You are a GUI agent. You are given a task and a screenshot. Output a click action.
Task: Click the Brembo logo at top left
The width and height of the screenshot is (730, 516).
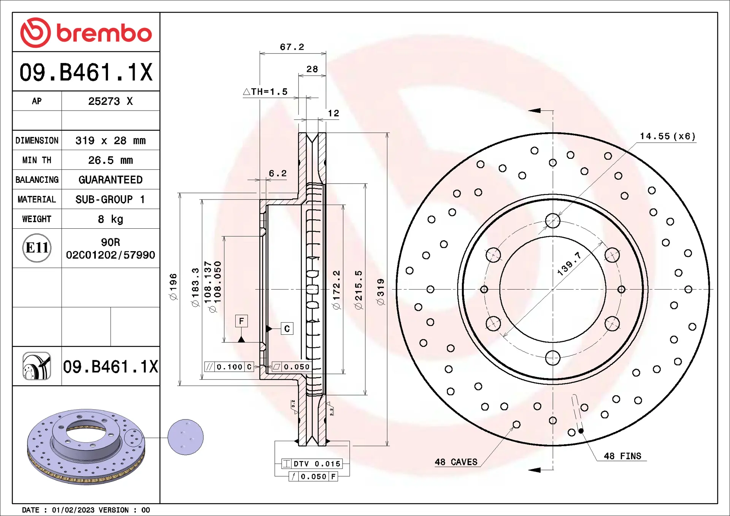click(x=86, y=33)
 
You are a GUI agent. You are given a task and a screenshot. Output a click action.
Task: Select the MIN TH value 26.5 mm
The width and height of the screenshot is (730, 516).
click(x=110, y=160)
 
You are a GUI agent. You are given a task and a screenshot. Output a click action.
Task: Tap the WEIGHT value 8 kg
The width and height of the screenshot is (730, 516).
click(x=110, y=219)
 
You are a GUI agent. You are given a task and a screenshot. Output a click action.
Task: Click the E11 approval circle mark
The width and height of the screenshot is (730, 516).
click(x=37, y=248)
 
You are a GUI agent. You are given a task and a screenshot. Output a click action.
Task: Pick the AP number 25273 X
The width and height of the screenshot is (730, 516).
click(x=110, y=101)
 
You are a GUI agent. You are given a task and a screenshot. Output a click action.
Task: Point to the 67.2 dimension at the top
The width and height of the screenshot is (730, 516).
click(x=292, y=47)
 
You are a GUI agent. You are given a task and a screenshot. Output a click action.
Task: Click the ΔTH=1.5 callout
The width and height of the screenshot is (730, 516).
click(x=265, y=92)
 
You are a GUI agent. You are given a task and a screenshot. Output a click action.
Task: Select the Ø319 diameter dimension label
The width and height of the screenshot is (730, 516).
click(x=381, y=292)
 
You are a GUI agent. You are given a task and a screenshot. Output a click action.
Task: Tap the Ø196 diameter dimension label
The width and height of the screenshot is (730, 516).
click(x=173, y=287)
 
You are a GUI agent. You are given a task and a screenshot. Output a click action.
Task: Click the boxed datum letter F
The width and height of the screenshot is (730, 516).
click(x=241, y=321)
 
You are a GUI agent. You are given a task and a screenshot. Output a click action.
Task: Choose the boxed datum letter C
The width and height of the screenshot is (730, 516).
click(x=287, y=329)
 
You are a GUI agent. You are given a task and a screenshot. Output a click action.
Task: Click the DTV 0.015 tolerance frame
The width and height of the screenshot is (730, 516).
click(x=312, y=464)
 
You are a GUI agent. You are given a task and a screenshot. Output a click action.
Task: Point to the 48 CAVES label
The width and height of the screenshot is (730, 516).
click(x=456, y=462)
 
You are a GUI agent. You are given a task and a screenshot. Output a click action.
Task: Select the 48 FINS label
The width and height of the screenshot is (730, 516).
click(x=622, y=456)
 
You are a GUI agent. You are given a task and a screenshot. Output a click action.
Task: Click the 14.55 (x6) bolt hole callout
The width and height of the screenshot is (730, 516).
click(x=667, y=136)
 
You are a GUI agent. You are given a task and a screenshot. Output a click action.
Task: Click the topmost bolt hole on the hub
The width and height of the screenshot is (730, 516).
click(x=552, y=221)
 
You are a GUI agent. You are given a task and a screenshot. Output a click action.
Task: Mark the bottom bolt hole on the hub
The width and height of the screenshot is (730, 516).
click(x=552, y=358)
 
